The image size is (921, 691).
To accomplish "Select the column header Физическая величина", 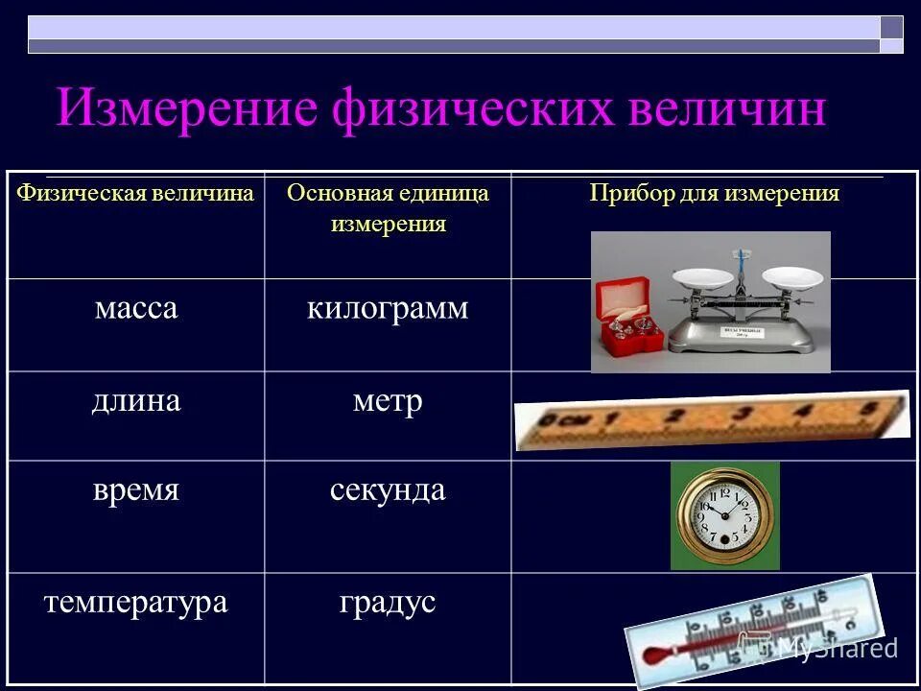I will tap(135, 194).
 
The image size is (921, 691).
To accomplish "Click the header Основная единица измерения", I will tap(389, 208).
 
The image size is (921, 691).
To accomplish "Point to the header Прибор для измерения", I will tap(714, 194).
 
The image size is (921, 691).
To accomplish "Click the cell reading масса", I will tap(135, 309).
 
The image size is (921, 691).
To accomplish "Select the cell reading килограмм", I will tap(388, 309).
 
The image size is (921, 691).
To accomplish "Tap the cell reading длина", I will tap(135, 400).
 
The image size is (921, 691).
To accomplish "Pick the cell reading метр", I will tap(388, 400).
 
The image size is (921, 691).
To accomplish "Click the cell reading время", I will tap(135, 489).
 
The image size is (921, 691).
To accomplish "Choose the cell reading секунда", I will tap(388, 489).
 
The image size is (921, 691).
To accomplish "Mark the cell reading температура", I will tap(135, 602).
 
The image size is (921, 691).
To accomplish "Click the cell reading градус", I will tap(388, 602).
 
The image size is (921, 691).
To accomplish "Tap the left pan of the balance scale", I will tap(702, 279).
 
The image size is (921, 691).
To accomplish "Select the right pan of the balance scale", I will tap(792, 277).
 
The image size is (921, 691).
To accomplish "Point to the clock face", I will tap(724, 515).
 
